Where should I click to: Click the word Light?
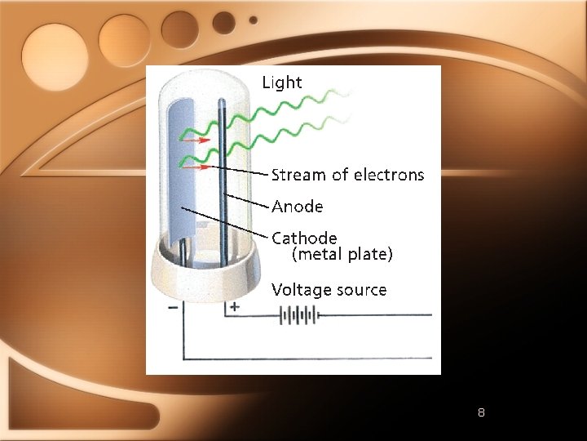(281, 82)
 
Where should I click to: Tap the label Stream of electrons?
(347, 175)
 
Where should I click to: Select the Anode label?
(297, 207)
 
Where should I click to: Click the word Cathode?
(304, 238)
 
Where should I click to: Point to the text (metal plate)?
(342, 255)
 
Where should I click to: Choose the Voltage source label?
(329, 290)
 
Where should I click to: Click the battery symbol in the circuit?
(298, 314)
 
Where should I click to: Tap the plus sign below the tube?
(235, 308)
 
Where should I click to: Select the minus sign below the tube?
(173, 308)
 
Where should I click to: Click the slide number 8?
(481, 412)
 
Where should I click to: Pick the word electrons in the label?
(390, 175)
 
